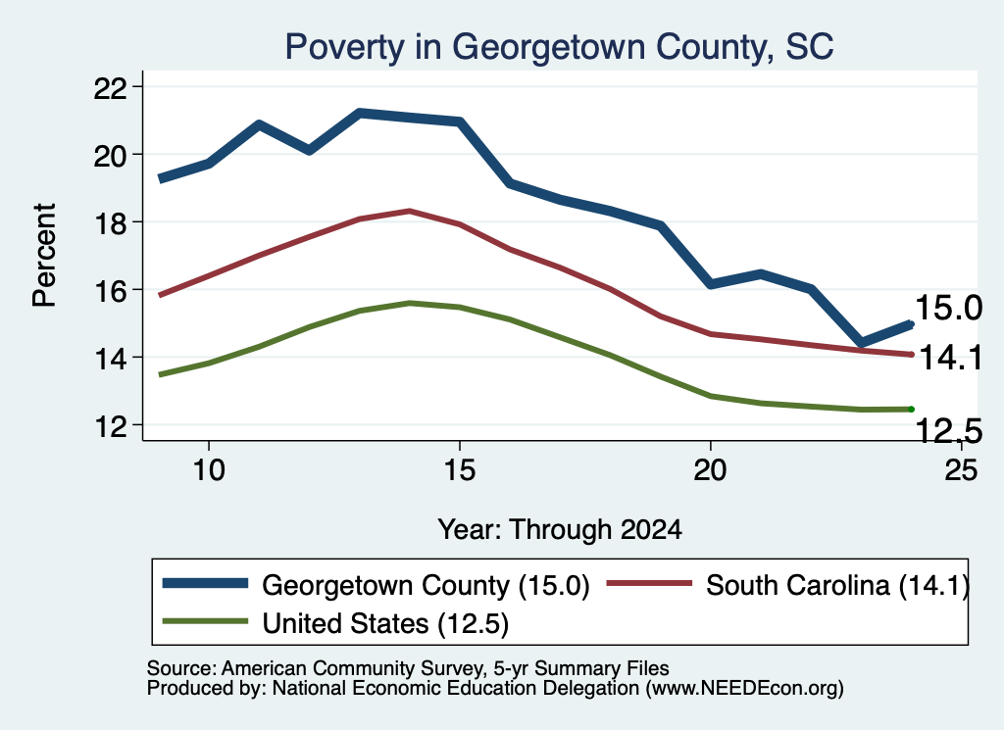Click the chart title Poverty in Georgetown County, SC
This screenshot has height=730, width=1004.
(x=559, y=47)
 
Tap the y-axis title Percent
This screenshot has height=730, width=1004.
(x=44, y=256)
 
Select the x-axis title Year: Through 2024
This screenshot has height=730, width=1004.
(x=560, y=530)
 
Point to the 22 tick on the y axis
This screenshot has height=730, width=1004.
(x=110, y=87)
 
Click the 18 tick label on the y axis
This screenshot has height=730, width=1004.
(x=110, y=222)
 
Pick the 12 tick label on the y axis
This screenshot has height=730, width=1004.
(x=110, y=426)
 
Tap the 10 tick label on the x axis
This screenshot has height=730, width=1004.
(x=209, y=470)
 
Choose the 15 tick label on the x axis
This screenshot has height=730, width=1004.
(x=460, y=470)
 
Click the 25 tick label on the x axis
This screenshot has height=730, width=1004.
(x=961, y=470)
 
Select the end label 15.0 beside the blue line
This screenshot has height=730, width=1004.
(x=948, y=308)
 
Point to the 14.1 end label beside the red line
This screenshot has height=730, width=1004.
(x=950, y=357)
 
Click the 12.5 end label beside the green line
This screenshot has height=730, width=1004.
(x=948, y=430)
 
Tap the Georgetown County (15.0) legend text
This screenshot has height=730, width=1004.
(x=426, y=585)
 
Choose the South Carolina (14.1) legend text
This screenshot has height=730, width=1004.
(x=837, y=585)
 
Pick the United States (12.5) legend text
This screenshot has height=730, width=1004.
(x=385, y=623)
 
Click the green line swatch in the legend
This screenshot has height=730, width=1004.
(x=205, y=621)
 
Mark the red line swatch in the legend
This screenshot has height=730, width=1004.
(x=649, y=583)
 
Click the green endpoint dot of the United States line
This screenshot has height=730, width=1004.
(x=911, y=410)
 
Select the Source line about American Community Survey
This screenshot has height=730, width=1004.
(x=408, y=668)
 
